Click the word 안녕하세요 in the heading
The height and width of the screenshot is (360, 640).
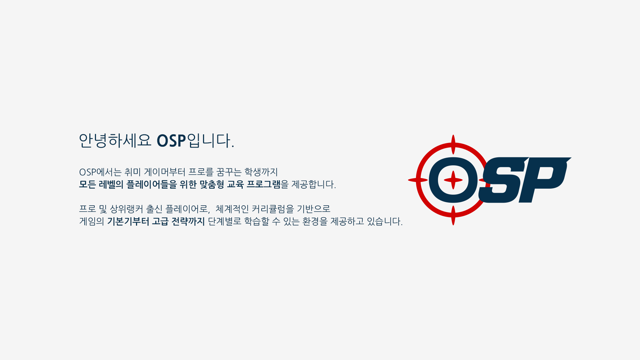pyautogui.click(x=115, y=140)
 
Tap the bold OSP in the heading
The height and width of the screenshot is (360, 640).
pyautogui.click(x=171, y=141)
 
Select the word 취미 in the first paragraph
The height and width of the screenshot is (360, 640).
pyautogui.click(x=132, y=172)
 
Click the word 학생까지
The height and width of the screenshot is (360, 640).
pyautogui.click(x=261, y=172)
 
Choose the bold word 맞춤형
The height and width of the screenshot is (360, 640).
pyautogui.click(x=212, y=184)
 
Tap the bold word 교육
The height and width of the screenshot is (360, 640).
pyautogui.click(x=235, y=184)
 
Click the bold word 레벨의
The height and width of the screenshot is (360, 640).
pyautogui.click(x=111, y=184)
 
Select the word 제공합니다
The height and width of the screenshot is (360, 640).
pyautogui.click(x=313, y=184)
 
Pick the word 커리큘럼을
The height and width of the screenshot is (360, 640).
pyautogui.click(x=273, y=209)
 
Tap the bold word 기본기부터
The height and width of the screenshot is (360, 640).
pyautogui.click(x=128, y=221)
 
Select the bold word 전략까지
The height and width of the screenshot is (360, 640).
pyautogui.click(x=188, y=221)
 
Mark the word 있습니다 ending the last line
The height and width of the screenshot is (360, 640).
pyautogui.click(x=384, y=221)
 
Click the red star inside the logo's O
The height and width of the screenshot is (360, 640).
pyautogui.click(x=453, y=180)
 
